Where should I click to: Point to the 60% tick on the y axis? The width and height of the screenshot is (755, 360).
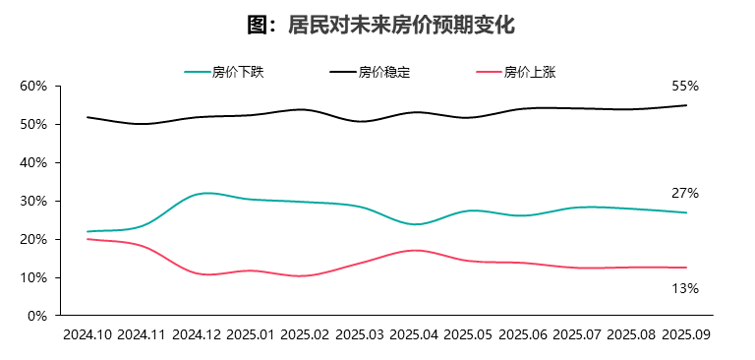click(34, 87)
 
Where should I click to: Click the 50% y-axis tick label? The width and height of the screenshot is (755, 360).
click(34, 125)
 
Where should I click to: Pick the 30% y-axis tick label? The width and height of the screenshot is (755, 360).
click(34, 201)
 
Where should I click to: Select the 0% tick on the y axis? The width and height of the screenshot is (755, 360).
click(38, 316)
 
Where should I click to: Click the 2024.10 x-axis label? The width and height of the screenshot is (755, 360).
click(87, 334)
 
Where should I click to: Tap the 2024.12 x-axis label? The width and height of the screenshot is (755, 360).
click(197, 334)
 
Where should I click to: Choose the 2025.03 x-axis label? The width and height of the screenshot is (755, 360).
click(360, 334)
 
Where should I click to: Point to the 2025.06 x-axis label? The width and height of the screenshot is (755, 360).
click(523, 334)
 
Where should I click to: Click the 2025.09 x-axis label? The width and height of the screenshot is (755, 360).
click(686, 334)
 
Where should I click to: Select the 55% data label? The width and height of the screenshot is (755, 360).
click(685, 87)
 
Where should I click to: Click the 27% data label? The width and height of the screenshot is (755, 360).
click(685, 193)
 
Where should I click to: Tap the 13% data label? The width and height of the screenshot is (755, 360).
click(685, 288)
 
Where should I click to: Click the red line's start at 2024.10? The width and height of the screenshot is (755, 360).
click(87, 239)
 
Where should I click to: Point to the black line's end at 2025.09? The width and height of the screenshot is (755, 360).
click(686, 105)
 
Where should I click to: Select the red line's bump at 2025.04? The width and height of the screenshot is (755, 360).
click(415, 251)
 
